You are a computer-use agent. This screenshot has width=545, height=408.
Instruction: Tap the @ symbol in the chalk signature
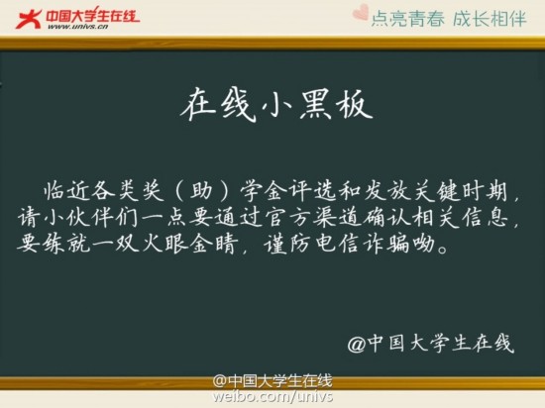click(x=358, y=344)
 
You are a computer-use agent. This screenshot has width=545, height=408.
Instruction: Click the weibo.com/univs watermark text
click(x=272, y=397)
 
